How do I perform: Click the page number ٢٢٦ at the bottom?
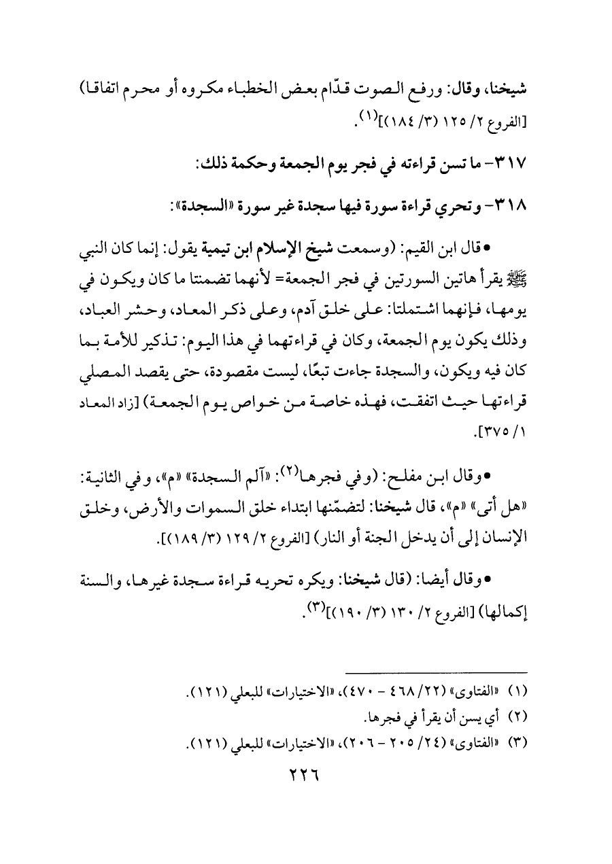coord(306,774)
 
